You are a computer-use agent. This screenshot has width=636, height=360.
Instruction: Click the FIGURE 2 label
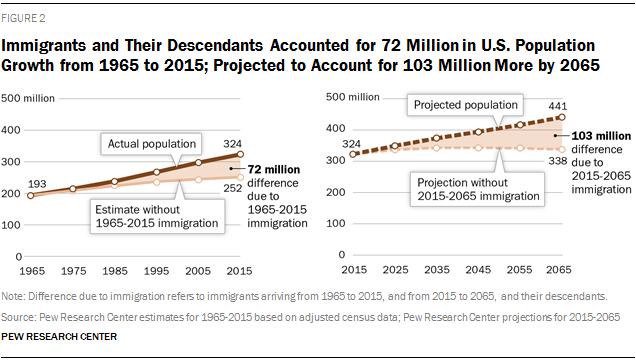[23, 18]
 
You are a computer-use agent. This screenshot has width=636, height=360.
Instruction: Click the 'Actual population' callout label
[152, 144]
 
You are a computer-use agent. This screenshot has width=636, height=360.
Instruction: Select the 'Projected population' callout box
[466, 105]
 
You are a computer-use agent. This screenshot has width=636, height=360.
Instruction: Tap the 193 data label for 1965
[37, 184]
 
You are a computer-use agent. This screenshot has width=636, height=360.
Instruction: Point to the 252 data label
[232, 188]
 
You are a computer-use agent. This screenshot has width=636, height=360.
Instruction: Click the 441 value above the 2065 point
[558, 106]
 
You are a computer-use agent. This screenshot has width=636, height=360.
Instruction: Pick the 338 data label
[558, 161]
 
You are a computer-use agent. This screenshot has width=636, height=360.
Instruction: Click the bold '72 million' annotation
[274, 169]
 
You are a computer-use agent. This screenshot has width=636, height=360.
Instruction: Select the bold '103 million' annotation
[601, 136]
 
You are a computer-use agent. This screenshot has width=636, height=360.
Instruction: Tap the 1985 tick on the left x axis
[115, 271]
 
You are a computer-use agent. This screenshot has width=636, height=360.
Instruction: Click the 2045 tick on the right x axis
[478, 270]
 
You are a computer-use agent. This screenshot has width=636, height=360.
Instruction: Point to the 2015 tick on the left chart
[239, 271]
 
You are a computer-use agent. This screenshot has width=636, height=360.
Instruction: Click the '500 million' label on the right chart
[353, 97]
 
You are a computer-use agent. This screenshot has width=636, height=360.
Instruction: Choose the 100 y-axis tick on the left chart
[11, 225]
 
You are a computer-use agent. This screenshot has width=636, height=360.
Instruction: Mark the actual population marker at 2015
[240, 154]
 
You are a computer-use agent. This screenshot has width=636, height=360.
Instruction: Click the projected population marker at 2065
[562, 117]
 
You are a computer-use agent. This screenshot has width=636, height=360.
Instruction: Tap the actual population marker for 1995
[157, 172]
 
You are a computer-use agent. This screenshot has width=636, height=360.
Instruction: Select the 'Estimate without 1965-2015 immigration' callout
[157, 216]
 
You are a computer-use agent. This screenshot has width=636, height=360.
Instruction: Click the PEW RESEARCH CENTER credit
[59, 337]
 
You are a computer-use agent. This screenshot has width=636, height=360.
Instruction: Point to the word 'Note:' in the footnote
[13, 296]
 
